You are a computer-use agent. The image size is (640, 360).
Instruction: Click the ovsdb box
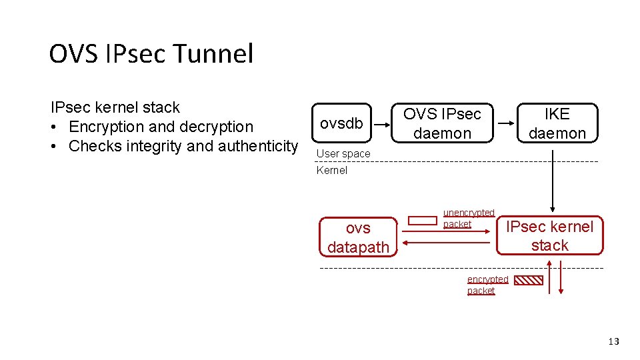(x=341, y=123)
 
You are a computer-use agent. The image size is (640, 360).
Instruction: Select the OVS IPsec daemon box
(x=442, y=123)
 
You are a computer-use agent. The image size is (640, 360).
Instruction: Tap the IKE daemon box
(x=557, y=123)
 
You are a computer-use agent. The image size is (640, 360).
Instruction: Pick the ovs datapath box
(x=358, y=237)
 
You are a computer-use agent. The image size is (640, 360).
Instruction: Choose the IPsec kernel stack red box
(x=549, y=236)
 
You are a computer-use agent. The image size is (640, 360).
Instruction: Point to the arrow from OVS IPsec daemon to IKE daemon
(x=507, y=123)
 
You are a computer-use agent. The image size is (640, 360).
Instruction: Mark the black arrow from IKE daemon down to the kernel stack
(x=553, y=180)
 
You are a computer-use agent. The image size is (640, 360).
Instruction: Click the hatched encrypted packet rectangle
(x=529, y=281)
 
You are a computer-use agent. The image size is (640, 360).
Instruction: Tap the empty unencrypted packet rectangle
(x=422, y=221)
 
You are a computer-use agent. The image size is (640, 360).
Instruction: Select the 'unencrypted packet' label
(x=469, y=218)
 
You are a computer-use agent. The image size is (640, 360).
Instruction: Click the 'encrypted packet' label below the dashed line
(x=487, y=285)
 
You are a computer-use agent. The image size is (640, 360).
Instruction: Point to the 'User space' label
(x=343, y=153)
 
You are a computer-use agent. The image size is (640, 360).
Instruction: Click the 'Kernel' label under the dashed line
(x=332, y=170)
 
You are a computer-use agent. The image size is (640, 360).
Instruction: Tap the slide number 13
(x=613, y=341)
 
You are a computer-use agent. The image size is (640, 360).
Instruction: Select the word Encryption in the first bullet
(x=111, y=127)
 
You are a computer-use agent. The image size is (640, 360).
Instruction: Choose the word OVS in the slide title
(x=73, y=54)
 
